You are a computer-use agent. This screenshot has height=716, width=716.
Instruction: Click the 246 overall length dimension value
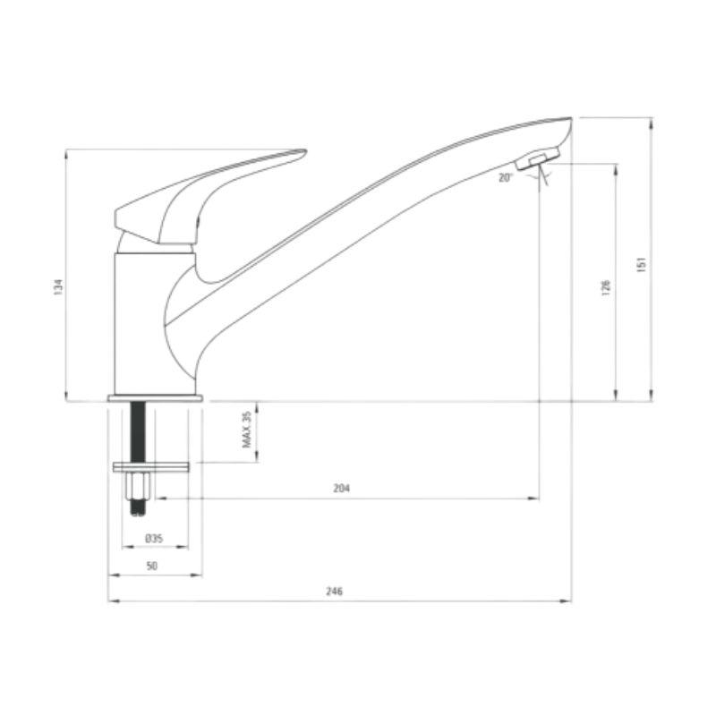click(x=334, y=592)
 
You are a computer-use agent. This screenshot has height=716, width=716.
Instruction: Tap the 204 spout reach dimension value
click(x=342, y=489)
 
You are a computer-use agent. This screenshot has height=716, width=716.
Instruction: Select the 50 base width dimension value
click(x=151, y=566)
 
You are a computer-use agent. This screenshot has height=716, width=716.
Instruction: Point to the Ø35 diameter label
click(x=154, y=539)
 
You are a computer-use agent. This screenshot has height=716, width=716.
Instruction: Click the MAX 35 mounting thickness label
click(x=247, y=430)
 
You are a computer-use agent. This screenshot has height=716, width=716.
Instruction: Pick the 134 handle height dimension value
click(x=58, y=287)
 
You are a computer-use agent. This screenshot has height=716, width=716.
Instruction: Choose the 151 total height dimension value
click(x=641, y=265)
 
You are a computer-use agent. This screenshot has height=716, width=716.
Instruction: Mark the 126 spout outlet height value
click(x=606, y=287)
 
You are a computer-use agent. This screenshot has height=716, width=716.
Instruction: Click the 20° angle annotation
click(x=506, y=177)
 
